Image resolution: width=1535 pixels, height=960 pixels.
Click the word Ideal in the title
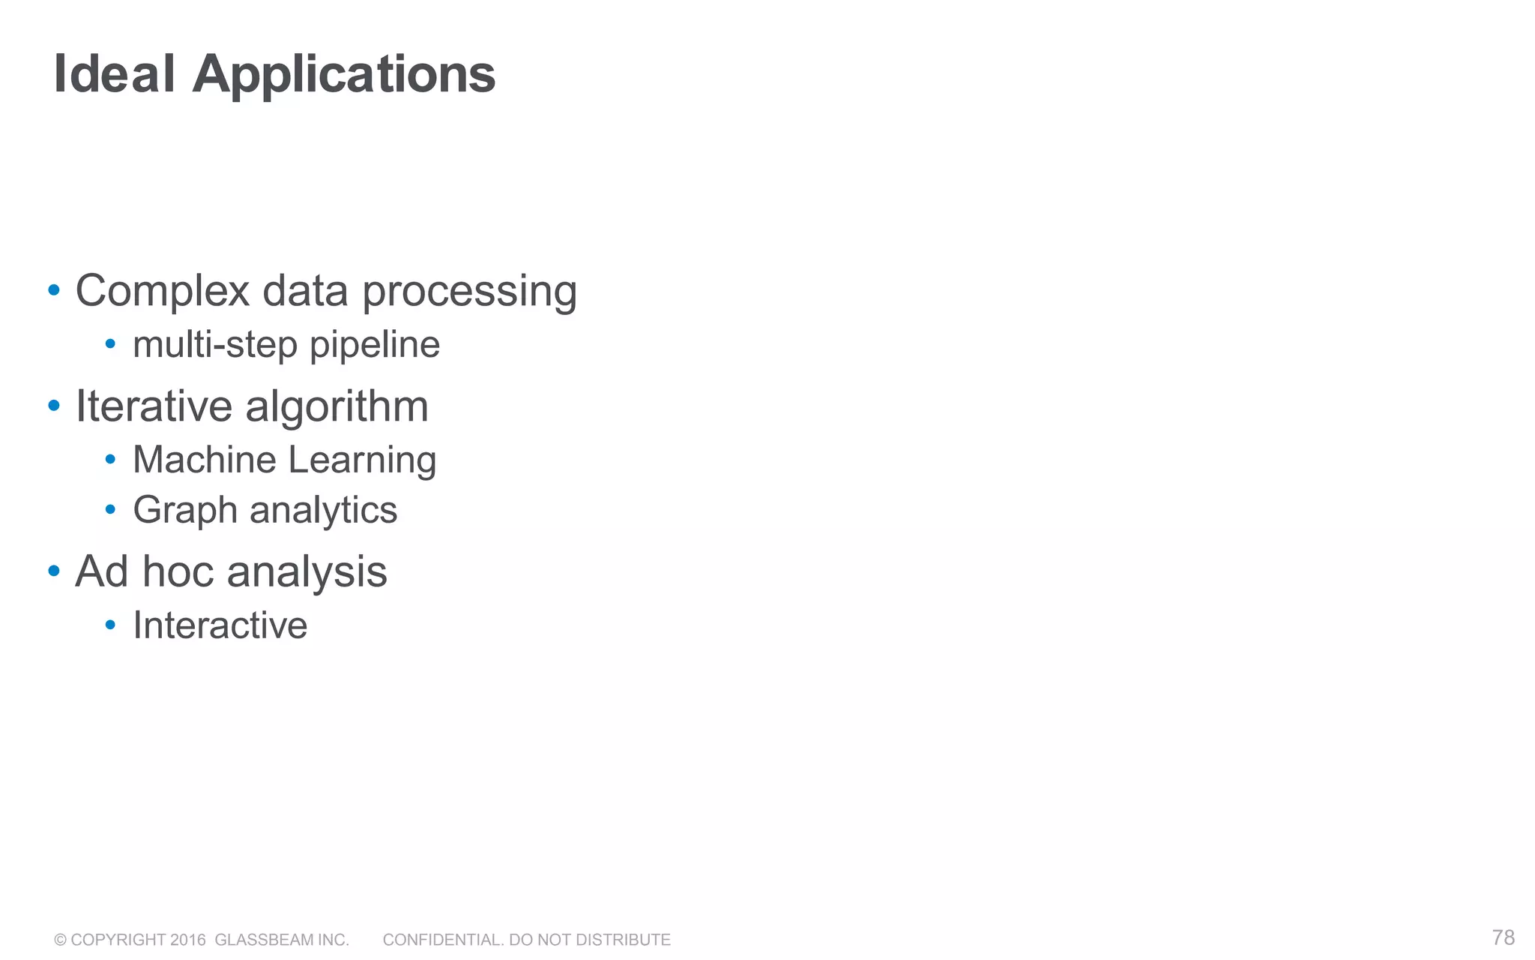tap(115, 74)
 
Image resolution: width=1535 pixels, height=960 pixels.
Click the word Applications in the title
tap(344, 76)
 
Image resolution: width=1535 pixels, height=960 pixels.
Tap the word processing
tap(470, 292)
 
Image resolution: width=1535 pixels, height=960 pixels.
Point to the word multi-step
tap(215, 345)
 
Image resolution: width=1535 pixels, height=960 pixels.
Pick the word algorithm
tap(337, 407)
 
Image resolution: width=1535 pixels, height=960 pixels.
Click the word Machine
tap(205, 459)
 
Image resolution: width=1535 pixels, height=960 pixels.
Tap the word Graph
tap(185, 511)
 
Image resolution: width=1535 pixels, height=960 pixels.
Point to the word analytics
tap(323, 511)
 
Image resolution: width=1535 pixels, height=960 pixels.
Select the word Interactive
tap(220, 625)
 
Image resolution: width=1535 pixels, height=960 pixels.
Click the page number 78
tap(1503, 937)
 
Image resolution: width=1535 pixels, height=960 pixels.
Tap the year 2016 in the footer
tap(187, 940)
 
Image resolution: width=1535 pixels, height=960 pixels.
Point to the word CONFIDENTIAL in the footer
tap(442, 940)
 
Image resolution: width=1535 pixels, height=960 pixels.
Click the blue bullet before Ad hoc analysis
tap(54, 571)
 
